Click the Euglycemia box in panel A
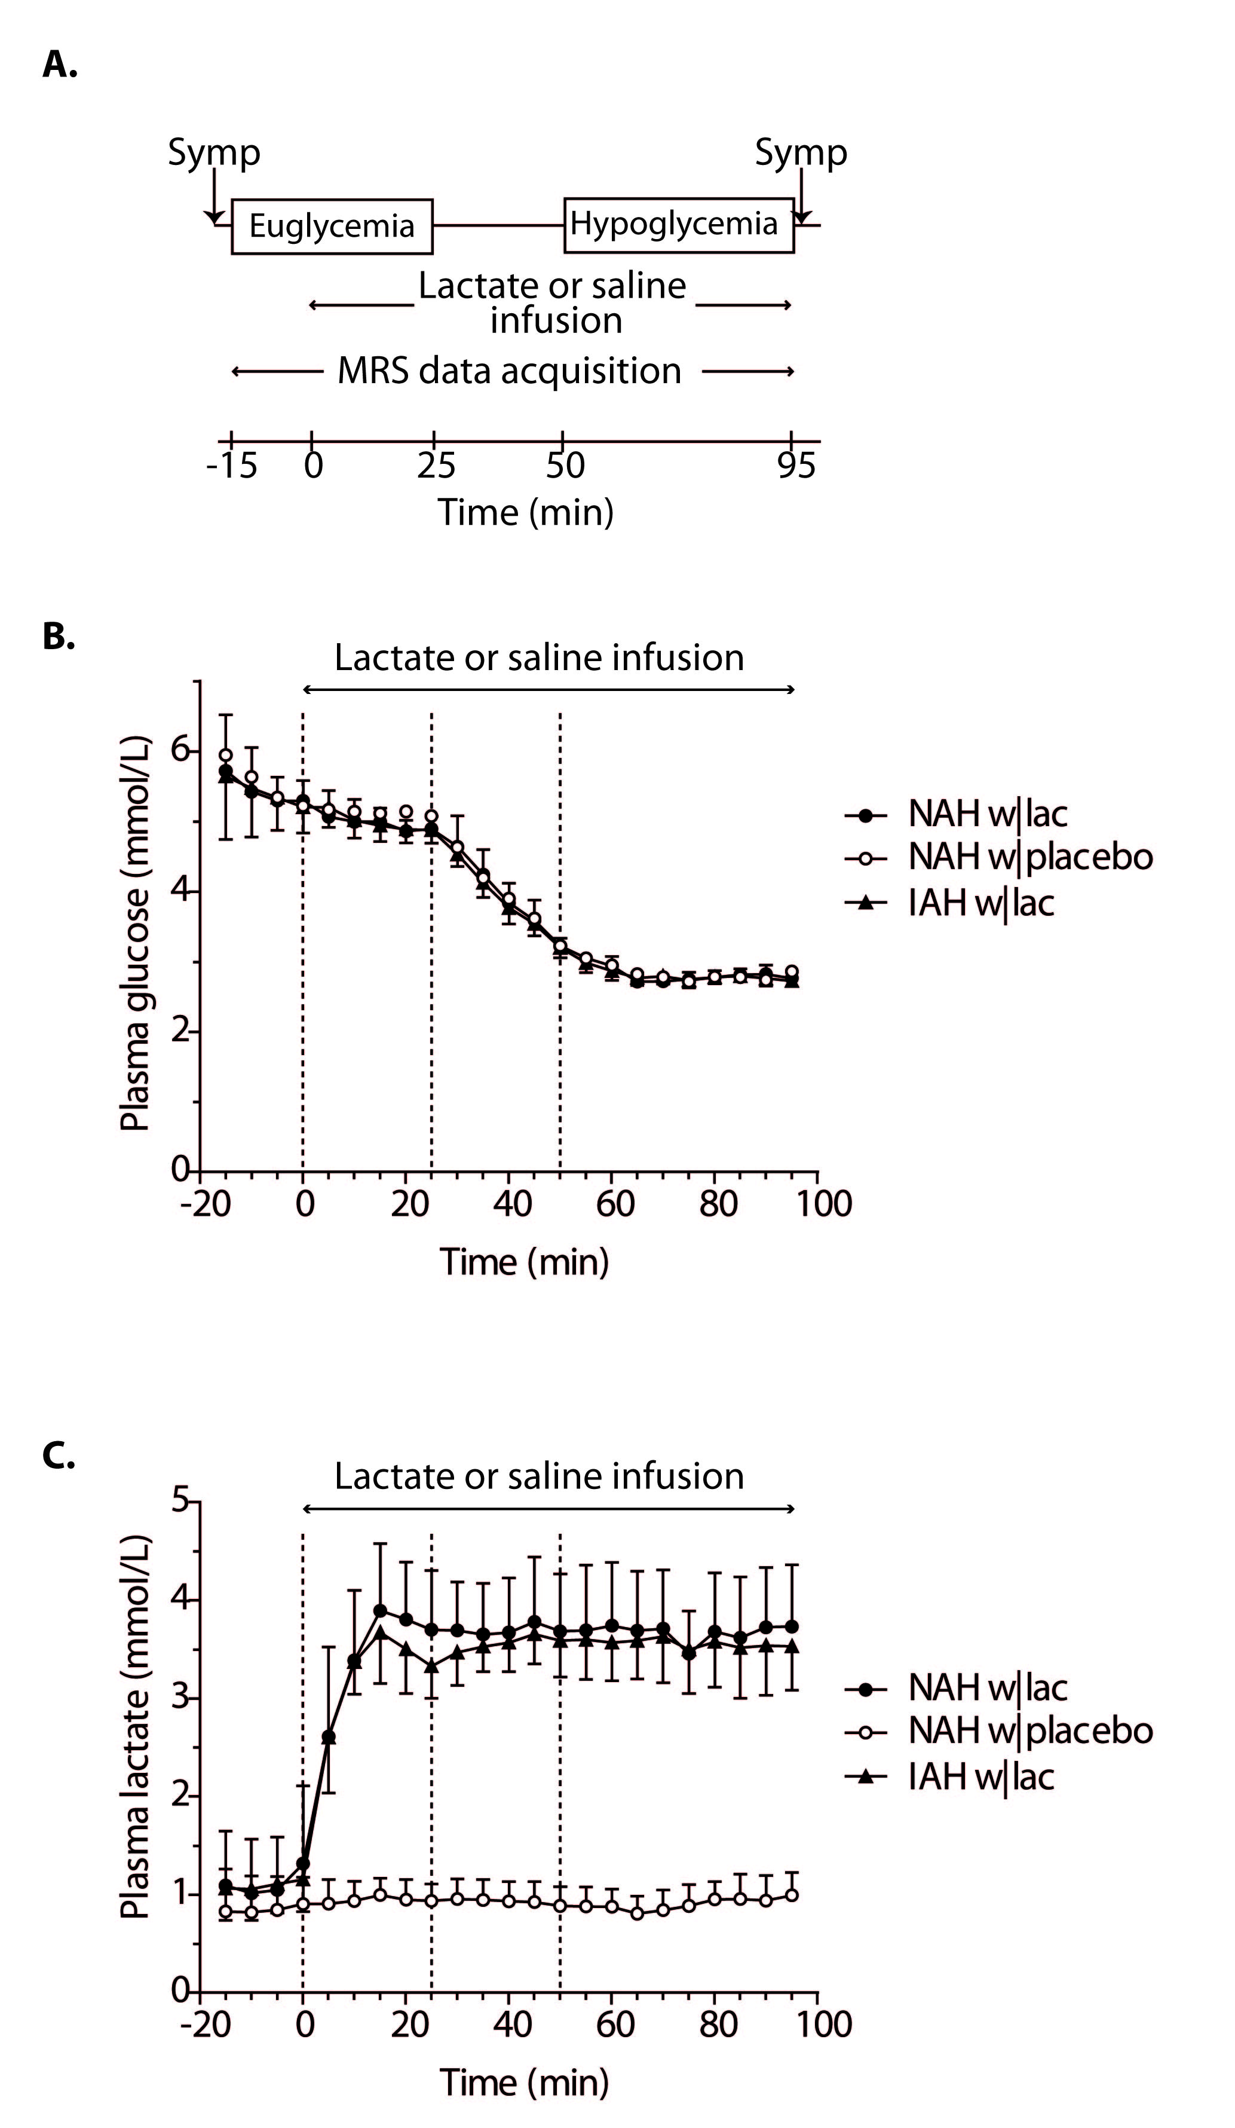point(332,227)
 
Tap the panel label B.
point(58,637)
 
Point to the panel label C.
point(58,1455)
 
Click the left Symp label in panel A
point(213,153)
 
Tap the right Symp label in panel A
point(800,153)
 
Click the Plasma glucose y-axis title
point(135,933)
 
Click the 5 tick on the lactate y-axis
point(180,1500)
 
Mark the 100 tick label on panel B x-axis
point(824,1203)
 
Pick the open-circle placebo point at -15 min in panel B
point(225,755)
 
